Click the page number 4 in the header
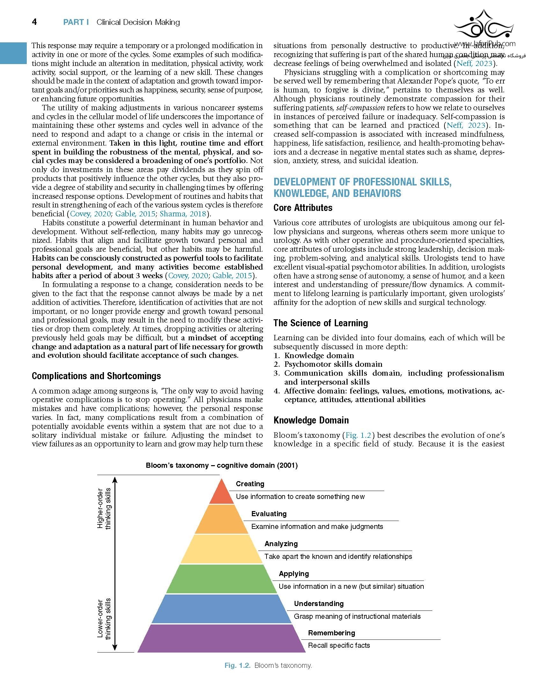coord(35,22)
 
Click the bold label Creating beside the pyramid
coord(250,484)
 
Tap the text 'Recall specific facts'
coord(339,646)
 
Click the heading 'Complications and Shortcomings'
coord(96,376)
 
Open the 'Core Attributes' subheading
coord(303,208)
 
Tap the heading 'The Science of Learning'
coord(320,323)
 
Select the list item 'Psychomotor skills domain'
coord(333,364)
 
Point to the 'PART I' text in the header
coord(76,22)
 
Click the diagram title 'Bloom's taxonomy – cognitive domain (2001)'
coord(222,466)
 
